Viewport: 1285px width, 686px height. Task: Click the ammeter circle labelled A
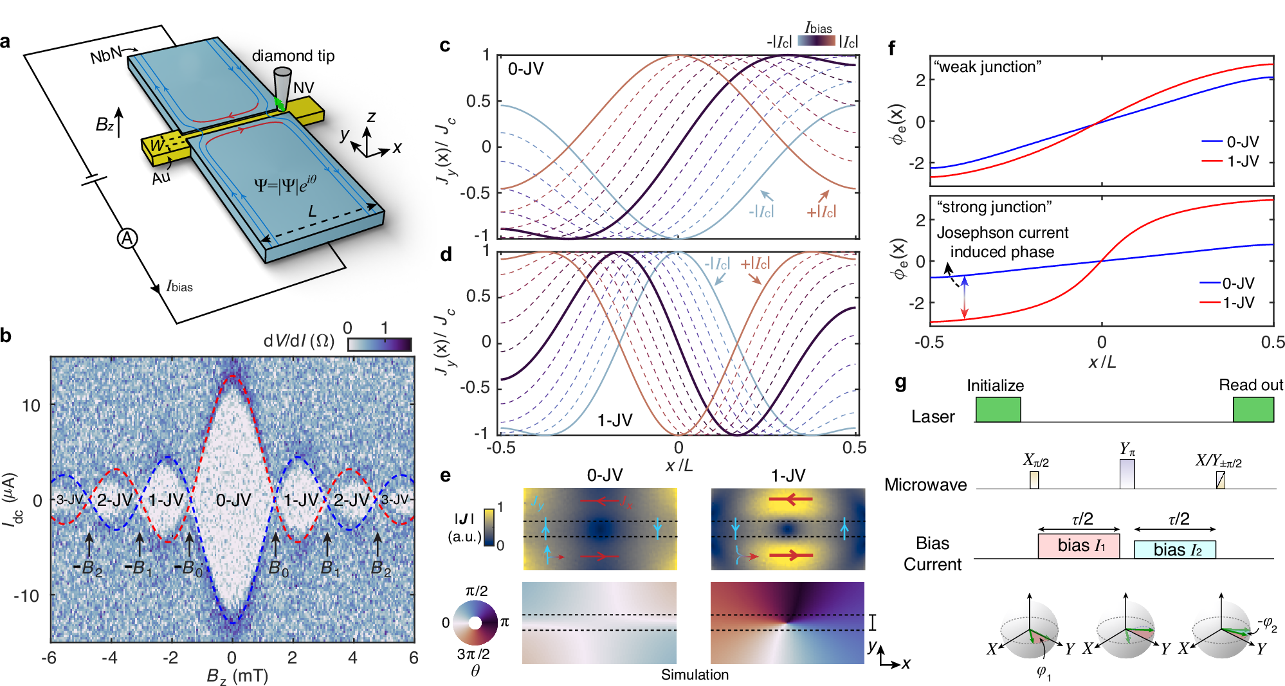coord(127,239)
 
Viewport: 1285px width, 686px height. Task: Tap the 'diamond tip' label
coord(293,56)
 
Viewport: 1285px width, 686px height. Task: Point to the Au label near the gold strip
coord(161,177)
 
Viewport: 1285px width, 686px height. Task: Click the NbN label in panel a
coord(105,55)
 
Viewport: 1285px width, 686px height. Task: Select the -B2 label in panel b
coord(88,568)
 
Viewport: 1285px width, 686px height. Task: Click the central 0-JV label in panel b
coord(233,500)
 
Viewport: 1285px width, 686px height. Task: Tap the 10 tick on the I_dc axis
coord(31,406)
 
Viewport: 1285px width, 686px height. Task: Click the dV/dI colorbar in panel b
coord(379,345)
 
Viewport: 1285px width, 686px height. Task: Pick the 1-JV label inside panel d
coord(614,420)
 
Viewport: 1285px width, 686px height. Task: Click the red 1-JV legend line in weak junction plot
coord(1212,161)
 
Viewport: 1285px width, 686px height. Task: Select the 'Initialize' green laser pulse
coord(998,410)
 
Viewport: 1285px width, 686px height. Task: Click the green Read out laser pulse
coord(1253,410)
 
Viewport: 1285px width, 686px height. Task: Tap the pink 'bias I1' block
coord(1079,546)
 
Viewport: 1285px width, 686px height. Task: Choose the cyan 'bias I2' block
coord(1174,549)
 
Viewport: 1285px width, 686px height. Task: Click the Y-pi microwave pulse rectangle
coord(1127,473)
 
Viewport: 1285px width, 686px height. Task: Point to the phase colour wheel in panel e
coord(475,622)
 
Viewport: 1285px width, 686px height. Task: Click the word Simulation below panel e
coord(695,674)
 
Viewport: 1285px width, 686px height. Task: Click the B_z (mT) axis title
coord(237,676)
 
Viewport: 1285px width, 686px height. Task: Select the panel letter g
coord(900,383)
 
